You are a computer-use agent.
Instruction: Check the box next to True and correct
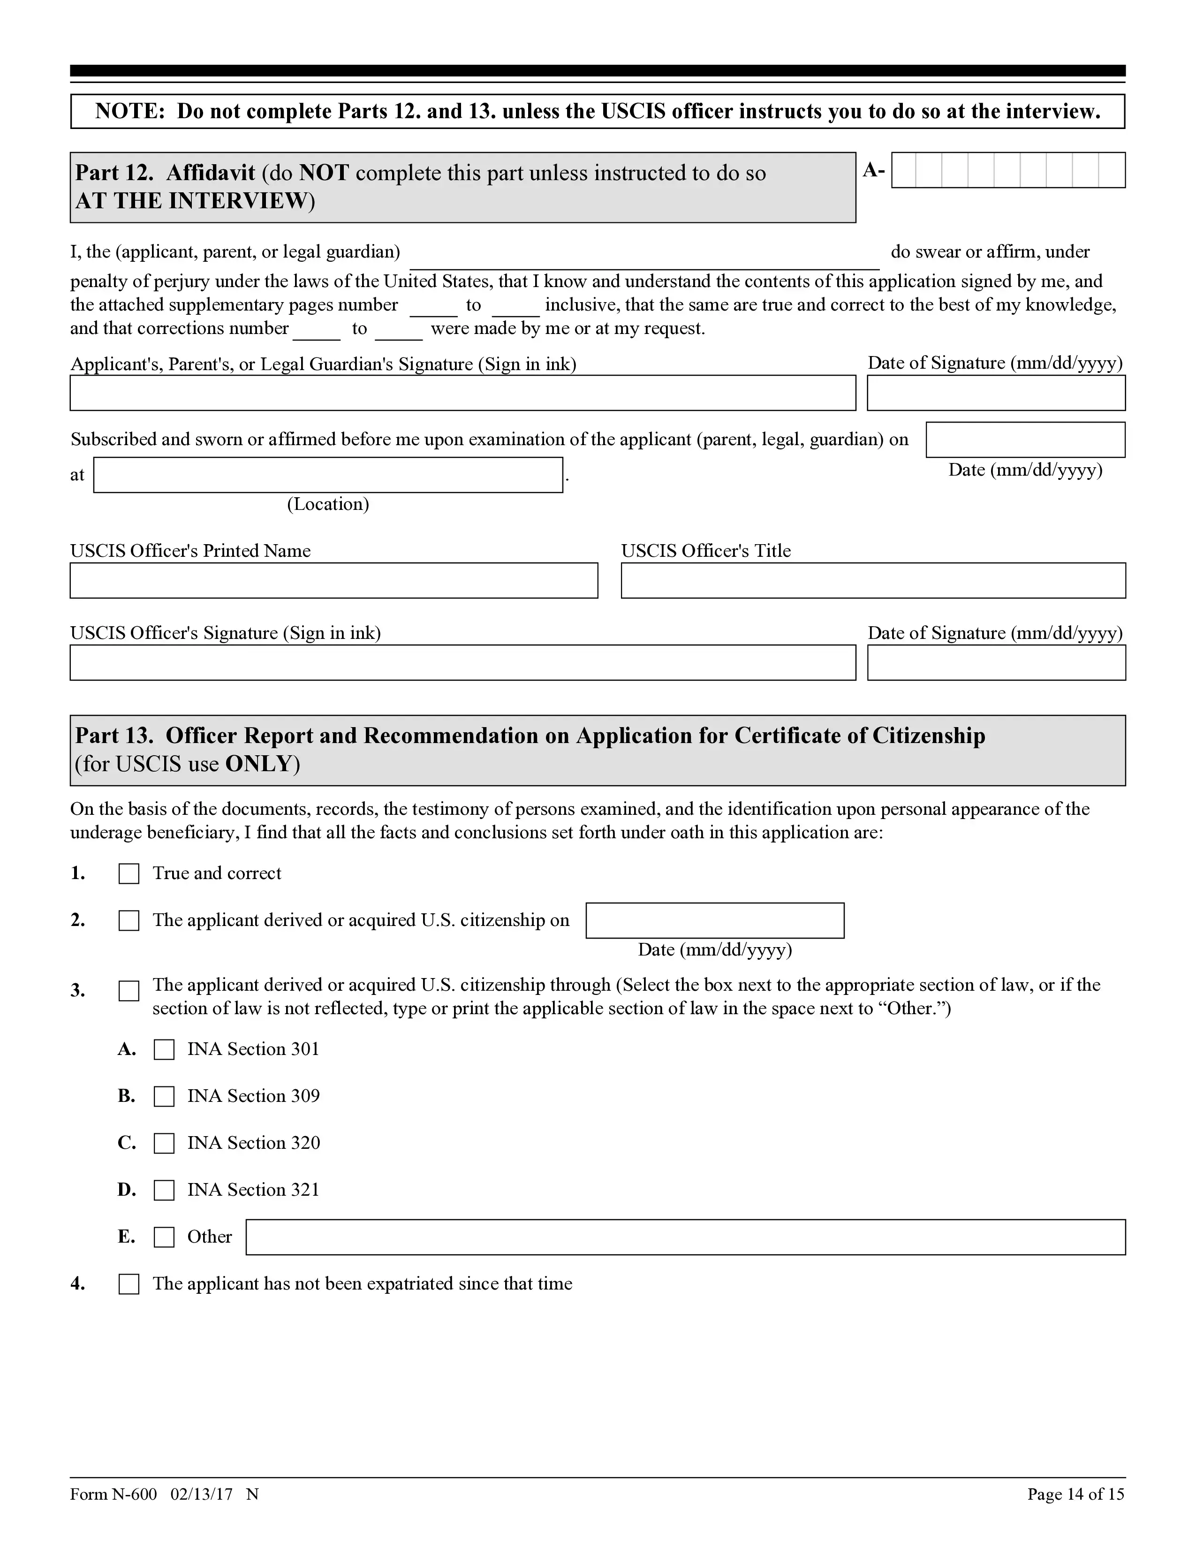[128, 874]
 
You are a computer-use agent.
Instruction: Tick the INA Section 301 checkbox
[164, 1050]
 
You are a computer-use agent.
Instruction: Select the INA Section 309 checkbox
[164, 1097]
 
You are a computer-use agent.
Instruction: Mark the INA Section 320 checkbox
[164, 1143]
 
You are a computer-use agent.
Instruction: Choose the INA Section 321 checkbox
[164, 1190]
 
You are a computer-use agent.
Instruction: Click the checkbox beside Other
[164, 1237]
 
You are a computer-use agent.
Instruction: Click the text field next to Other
[685, 1237]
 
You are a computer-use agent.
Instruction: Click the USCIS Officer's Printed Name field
[334, 581]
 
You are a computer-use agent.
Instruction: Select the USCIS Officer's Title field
[873, 581]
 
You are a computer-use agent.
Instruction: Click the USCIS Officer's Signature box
[462, 663]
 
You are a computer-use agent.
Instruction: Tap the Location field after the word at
[328, 475]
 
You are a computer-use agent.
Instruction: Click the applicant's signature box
[462, 393]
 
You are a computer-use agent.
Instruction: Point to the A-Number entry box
[1007, 170]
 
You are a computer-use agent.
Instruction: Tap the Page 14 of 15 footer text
[1075, 1494]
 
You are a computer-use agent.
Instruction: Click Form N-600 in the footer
[114, 1494]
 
